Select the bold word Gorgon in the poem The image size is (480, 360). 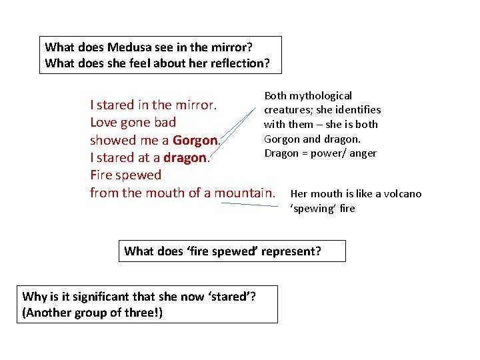pyautogui.click(x=195, y=140)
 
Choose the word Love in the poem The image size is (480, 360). pyautogui.click(x=103, y=123)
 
